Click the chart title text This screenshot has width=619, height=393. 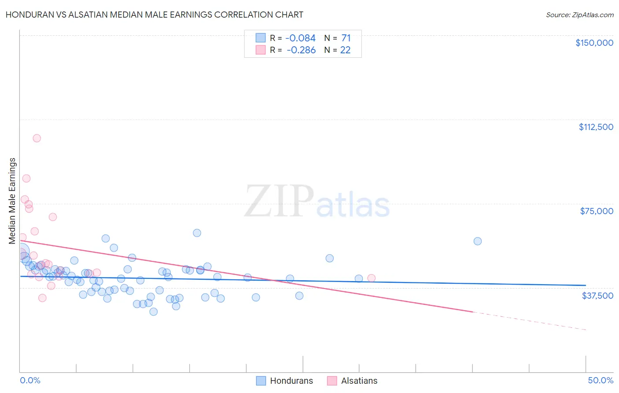(x=154, y=15)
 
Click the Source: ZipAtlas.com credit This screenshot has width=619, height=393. (x=579, y=15)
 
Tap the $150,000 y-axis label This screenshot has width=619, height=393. (x=594, y=43)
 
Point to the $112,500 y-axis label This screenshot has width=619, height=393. (x=596, y=127)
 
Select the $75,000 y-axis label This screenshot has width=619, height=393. (x=597, y=211)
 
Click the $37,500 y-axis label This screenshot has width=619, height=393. (x=597, y=296)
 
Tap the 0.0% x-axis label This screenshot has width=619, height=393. (x=30, y=380)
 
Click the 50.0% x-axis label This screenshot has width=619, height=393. (x=601, y=380)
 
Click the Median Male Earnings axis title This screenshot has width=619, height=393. (x=12, y=201)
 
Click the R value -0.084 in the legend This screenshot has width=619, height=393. (x=301, y=38)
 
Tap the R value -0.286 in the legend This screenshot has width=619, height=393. (x=301, y=50)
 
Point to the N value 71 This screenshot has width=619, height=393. (x=346, y=38)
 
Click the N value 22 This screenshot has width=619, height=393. (x=346, y=50)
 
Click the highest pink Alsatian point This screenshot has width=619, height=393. (x=37, y=138)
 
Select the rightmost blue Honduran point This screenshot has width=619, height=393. (x=478, y=241)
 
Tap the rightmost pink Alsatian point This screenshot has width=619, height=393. (x=372, y=278)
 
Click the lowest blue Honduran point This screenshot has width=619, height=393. (x=154, y=311)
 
